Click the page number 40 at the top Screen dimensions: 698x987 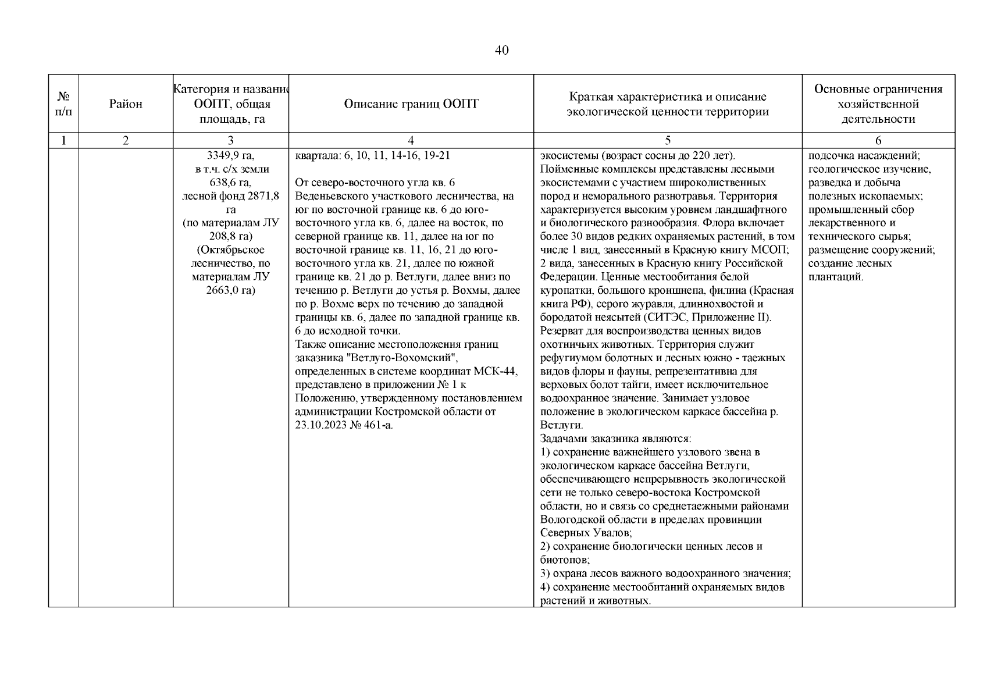point(501,51)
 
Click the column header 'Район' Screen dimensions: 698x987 point(126,104)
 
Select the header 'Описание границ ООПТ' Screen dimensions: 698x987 point(411,104)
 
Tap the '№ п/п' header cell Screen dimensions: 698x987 point(63,104)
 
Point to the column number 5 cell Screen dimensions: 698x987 point(668,140)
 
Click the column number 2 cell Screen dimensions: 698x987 point(126,140)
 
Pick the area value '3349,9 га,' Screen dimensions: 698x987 point(231,156)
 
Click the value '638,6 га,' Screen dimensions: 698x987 point(231,183)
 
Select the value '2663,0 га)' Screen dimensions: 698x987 point(231,290)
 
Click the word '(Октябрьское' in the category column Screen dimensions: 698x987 point(231,250)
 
